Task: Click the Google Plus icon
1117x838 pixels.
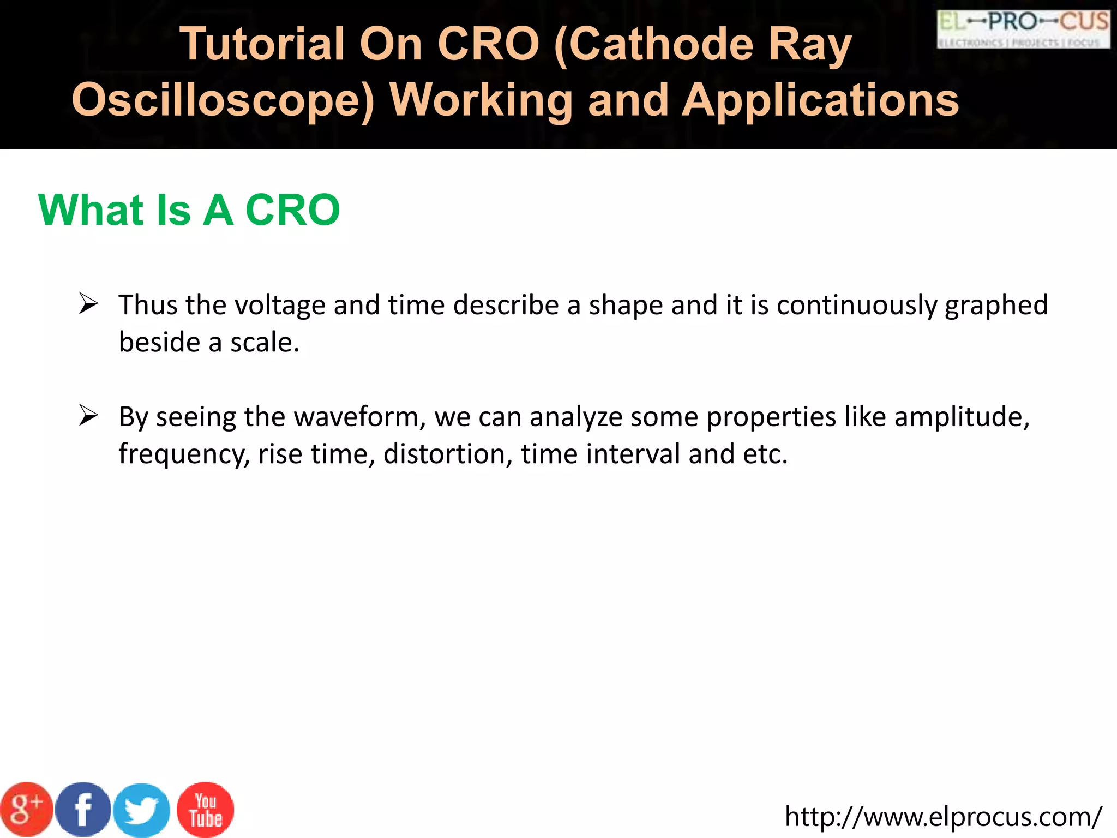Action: click(26, 810)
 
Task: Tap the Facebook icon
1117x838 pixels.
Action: click(83, 810)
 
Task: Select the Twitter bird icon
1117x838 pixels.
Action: click(142, 811)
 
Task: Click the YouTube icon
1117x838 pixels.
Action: click(206, 810)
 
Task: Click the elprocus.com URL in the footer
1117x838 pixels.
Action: click(943, 817)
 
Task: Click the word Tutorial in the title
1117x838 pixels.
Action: click(262, 44)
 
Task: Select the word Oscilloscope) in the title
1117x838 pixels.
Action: click(224, 101)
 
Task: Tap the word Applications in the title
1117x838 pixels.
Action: click(821, 101)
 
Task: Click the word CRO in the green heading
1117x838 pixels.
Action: click(293, 210)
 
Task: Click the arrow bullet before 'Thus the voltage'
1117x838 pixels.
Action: click(88, 303)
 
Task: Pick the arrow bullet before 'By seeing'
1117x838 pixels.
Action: click(88, 416)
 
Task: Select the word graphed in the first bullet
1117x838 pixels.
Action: click(996, 306)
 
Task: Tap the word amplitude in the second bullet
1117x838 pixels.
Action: click(962, 417)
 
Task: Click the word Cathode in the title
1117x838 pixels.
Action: click(654, 44)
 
